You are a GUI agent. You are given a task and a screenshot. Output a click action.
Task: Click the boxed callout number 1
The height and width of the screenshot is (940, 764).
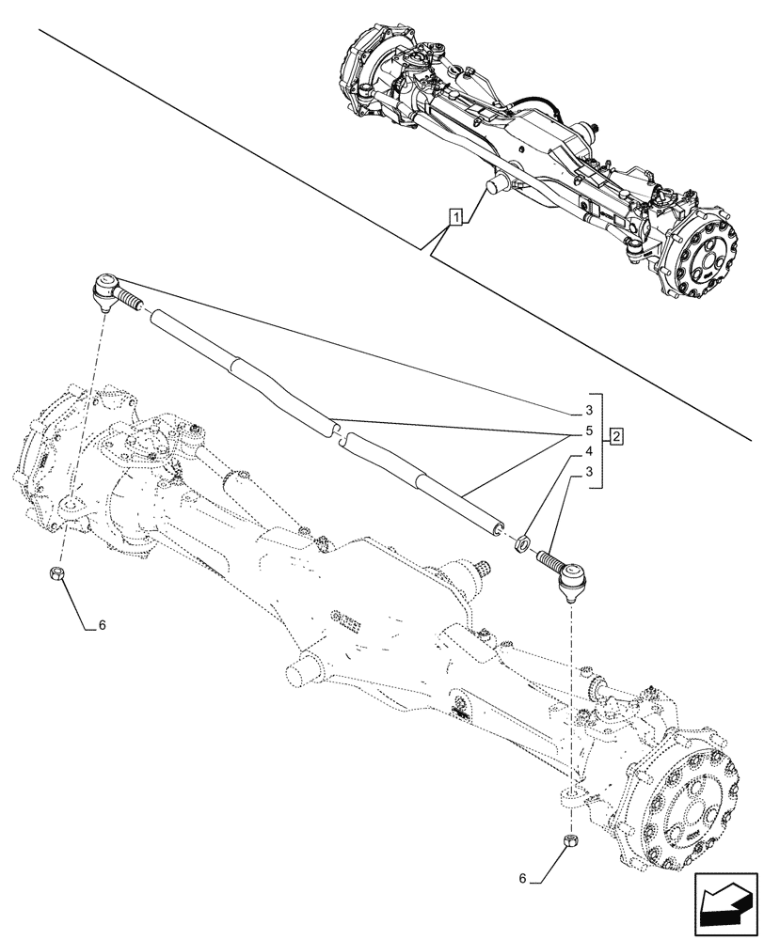[455, 218]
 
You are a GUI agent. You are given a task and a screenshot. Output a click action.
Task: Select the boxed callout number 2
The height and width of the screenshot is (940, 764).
[614, 436]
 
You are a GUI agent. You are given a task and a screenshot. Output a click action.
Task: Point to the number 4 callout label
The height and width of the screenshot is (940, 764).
[588, 452]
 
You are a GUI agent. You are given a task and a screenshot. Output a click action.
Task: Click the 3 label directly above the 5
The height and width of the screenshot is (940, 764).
[588, 412]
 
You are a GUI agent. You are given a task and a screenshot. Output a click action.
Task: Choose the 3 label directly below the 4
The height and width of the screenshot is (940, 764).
[588, 473]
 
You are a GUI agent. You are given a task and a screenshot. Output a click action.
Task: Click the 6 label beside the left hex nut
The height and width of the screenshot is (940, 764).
[103, 624]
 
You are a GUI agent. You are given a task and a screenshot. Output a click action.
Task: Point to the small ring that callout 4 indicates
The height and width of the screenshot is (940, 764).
[521, 541]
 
